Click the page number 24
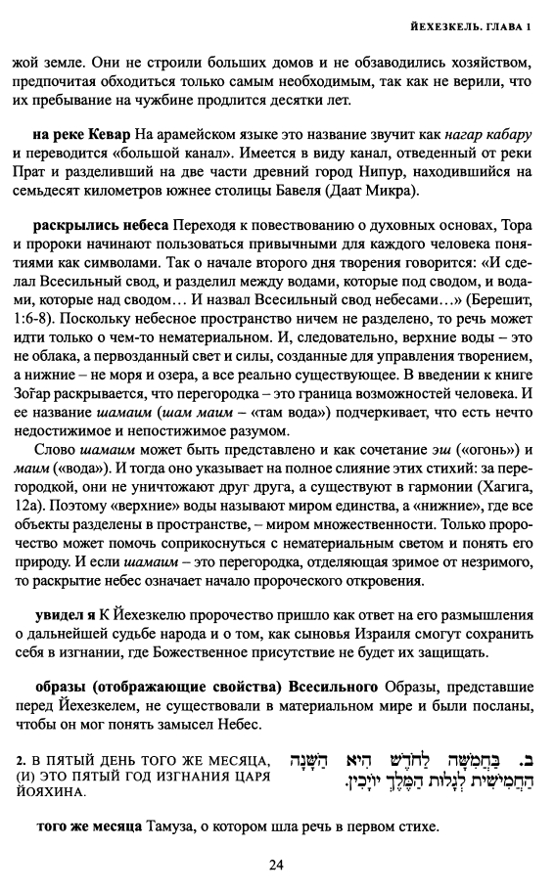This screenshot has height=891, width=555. (277, 865)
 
